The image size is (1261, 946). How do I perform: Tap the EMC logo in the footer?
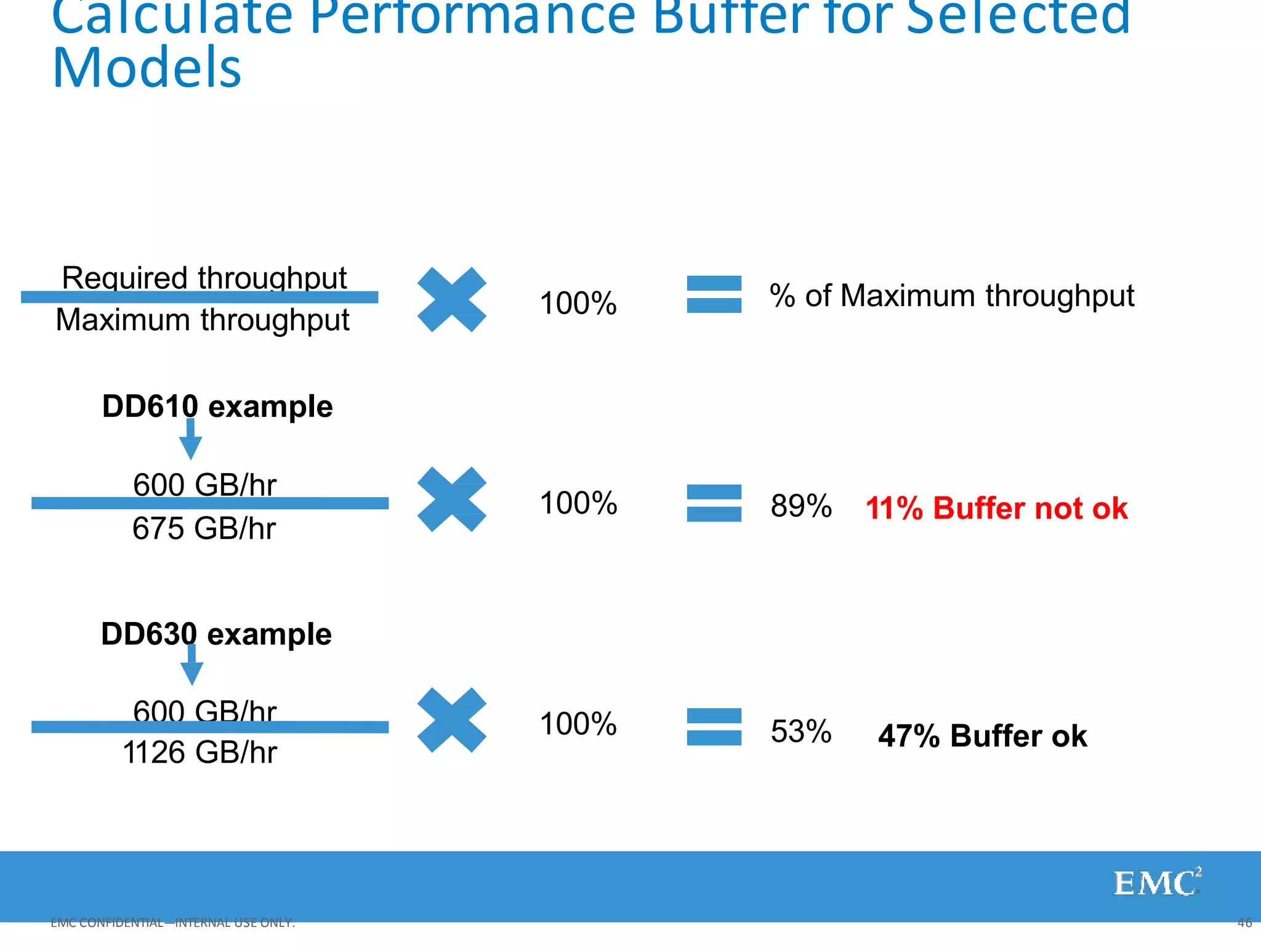[x=1156, y=883]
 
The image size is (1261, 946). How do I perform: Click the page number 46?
[x=1244, y=923]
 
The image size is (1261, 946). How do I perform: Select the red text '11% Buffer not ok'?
[x=996, y=509]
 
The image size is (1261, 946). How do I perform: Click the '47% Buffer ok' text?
[x=982, y=736]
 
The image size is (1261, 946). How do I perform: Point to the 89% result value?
[x=800, y=506]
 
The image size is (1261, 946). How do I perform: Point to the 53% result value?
[x=800, y=732]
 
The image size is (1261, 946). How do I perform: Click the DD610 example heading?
[x=217, y=406]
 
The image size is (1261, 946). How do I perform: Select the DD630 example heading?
[x=216, y=634]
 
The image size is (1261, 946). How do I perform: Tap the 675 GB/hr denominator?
[x=204, y=528]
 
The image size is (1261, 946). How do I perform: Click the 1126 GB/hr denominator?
[x=200, y=753]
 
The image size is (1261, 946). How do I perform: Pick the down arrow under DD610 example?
[x=190, y=440]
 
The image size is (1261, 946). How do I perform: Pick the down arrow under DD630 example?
[x=191, y=666]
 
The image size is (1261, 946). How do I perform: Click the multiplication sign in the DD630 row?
[x=451, y=720]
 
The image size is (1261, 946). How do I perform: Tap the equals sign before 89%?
[x=714, y=503]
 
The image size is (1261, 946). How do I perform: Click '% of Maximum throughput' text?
[x=951, y=296]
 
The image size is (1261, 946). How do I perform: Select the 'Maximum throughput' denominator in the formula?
[x=203, y=320]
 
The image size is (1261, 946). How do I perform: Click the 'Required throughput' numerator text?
[x=204, y=277]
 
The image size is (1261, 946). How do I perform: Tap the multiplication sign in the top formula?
[x=451, y=299]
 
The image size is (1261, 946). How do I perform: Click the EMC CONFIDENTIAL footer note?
[x=172, y=923]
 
